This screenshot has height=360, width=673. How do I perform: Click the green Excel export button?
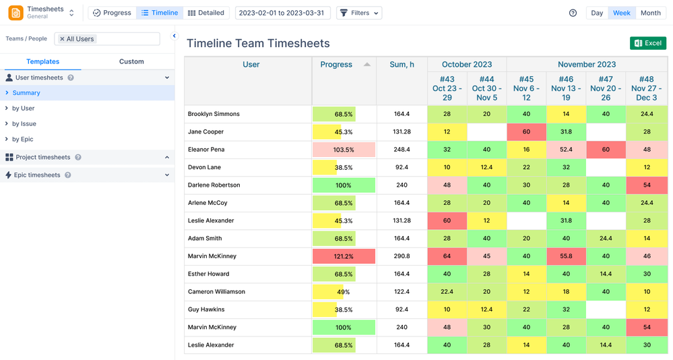647,43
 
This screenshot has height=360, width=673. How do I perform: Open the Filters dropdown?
358,13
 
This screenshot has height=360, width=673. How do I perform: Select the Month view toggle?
650,13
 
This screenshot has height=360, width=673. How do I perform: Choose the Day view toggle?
597,13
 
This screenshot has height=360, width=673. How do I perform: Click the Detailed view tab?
206,13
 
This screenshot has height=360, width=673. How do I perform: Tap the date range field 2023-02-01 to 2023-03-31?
282,13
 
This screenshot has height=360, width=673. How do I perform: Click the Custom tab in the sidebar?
131,61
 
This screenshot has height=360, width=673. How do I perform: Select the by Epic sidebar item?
22,140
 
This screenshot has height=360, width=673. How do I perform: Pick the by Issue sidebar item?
24,124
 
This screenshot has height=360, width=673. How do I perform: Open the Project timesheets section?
43,158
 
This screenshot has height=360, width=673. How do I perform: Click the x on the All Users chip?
62,39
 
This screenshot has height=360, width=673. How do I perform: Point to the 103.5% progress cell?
344,150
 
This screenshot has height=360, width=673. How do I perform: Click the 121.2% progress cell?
344,256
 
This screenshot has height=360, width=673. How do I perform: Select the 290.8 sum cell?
402,256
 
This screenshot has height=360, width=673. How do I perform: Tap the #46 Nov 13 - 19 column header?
566,88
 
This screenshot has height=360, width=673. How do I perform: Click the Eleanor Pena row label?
206,150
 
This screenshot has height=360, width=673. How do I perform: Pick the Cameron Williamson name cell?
216,292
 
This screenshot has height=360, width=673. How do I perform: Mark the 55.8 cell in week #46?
566,256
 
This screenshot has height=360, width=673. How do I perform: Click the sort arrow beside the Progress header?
367,65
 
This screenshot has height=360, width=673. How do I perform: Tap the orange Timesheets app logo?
15,13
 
